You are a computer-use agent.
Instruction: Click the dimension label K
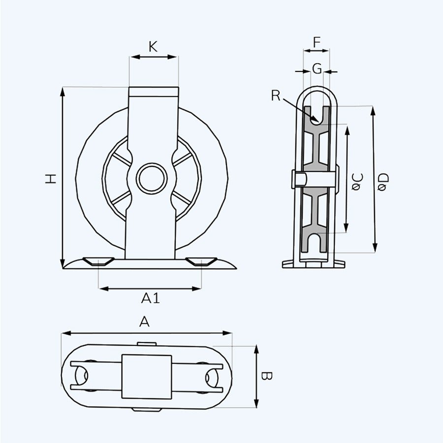coord(153,47)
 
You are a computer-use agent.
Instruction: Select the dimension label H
coord(51,179)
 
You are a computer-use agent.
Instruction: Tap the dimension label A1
coord(151,298)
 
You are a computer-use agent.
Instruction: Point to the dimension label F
coord(317,42)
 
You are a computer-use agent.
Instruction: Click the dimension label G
coord(317,68)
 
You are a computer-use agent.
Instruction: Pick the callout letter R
coord(276,95)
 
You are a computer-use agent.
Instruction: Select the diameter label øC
coord(357,182)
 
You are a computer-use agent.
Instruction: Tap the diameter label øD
coord(383,182)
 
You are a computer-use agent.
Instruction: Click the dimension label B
coord(266,376)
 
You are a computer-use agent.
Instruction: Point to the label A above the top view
coord(144,321)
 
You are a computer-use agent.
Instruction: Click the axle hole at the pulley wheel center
coord(152,178)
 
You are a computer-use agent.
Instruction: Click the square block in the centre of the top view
coord(147,377)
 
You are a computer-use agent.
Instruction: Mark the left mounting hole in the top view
coord(82,376)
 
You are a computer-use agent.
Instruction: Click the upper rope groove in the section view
coord(316,115)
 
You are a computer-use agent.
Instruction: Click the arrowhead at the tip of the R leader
coord(318,122)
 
